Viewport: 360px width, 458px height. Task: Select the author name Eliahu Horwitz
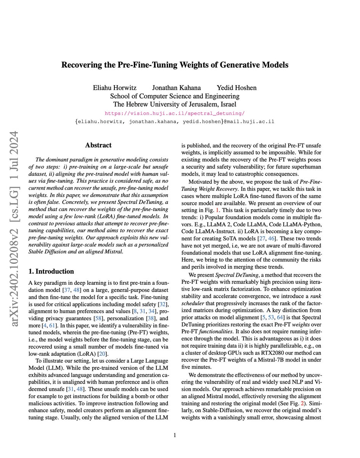click(114, 88)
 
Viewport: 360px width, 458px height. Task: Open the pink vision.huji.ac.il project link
click(175, 113)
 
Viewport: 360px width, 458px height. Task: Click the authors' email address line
click(175, 122)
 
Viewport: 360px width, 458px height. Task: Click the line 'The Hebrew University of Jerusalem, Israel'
click(175, 104)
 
